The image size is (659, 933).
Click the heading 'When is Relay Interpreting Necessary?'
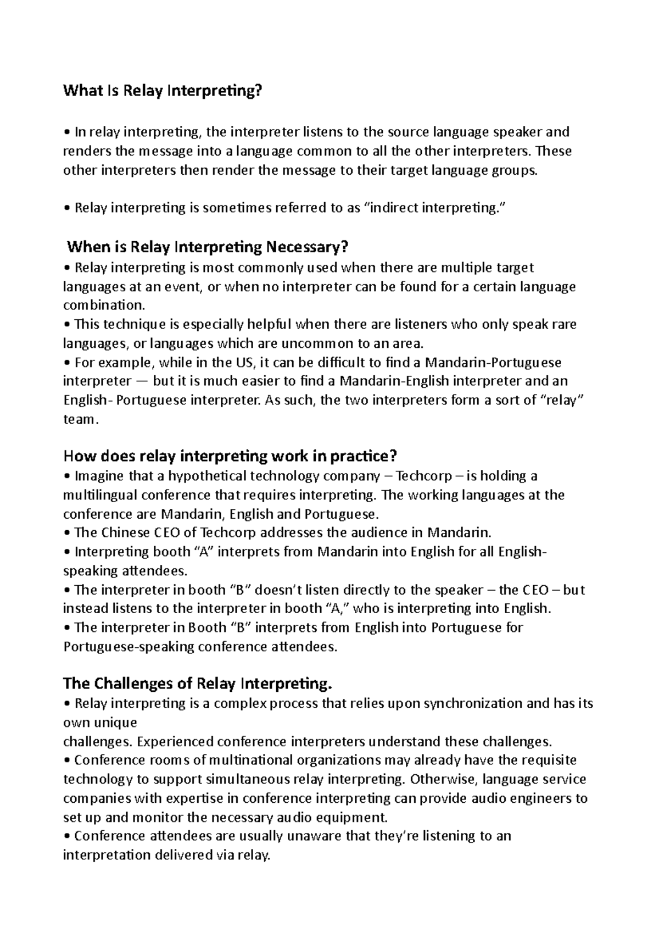point(208,247)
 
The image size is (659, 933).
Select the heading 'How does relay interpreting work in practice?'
point(230,456)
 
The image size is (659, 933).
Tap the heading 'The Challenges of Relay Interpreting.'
point(198,684)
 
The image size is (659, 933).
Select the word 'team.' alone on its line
point(81,420)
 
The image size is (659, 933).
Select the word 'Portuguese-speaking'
point(129,647)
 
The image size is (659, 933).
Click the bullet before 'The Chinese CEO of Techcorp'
point(67,533)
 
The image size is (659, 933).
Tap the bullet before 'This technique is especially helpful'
point(67,325)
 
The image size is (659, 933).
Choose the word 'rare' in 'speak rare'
point(565,325)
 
